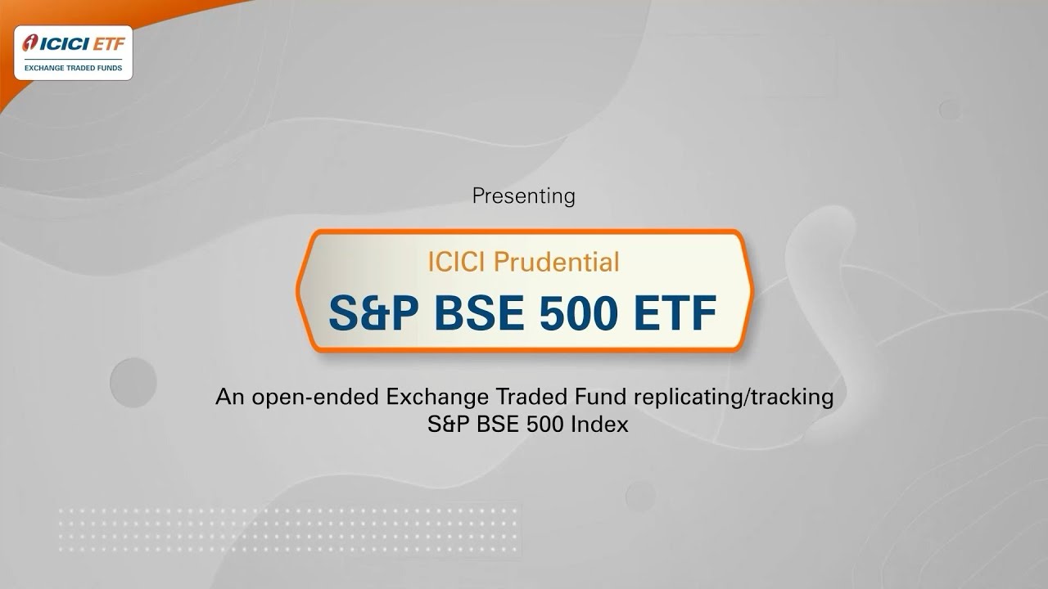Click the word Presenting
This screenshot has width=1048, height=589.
pos(524,196)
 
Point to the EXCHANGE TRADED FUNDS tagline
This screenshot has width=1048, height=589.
pos(73,69)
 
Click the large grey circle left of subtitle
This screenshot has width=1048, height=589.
pos(133,382)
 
